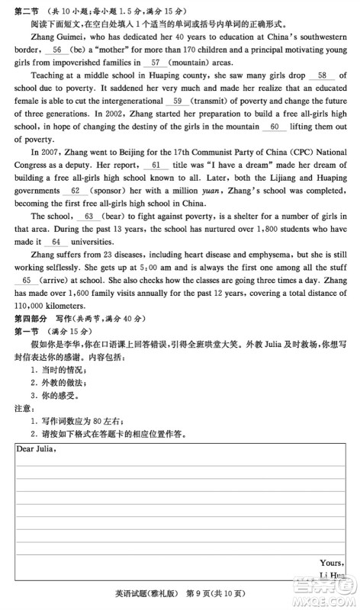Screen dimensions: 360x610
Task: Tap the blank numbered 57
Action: [x=156, y=62]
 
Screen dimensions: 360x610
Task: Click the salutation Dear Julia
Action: [x=36, y=448]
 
